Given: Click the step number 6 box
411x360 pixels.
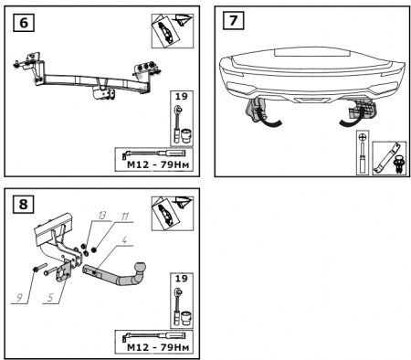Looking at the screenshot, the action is [x=24, y=23].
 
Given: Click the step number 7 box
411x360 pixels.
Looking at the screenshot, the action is [x=233, y=20].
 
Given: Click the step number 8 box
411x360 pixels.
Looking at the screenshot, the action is [x=24, y=204].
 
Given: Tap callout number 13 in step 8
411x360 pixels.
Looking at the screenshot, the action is [x=102, y=216].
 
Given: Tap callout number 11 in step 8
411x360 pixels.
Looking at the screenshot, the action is [x=125, y=217].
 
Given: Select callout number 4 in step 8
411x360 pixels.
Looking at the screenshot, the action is [x=124, y=239].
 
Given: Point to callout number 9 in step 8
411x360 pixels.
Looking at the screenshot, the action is [x=19, y=297].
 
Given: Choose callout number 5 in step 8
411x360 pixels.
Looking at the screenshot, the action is [x=50, y=297].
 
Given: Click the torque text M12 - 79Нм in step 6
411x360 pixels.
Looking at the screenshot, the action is [x=158, y=164].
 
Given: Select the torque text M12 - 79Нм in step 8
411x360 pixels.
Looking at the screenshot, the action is [x=158, y=347].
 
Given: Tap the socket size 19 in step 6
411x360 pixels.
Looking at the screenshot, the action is [x=181, y=96].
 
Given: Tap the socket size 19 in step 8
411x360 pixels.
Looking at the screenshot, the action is [x=181, y=278].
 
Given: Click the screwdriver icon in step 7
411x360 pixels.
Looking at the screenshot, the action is [x=363, y=153].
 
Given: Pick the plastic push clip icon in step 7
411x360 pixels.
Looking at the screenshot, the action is [x=400, y=164].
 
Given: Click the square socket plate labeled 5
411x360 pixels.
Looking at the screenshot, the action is [x=63, y=270].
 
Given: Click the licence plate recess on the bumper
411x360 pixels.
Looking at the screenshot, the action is [x=311, y=53].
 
